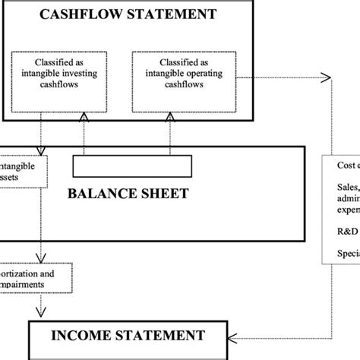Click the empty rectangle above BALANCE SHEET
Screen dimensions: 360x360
point(131,165)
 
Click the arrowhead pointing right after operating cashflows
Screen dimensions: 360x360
point(326,77)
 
